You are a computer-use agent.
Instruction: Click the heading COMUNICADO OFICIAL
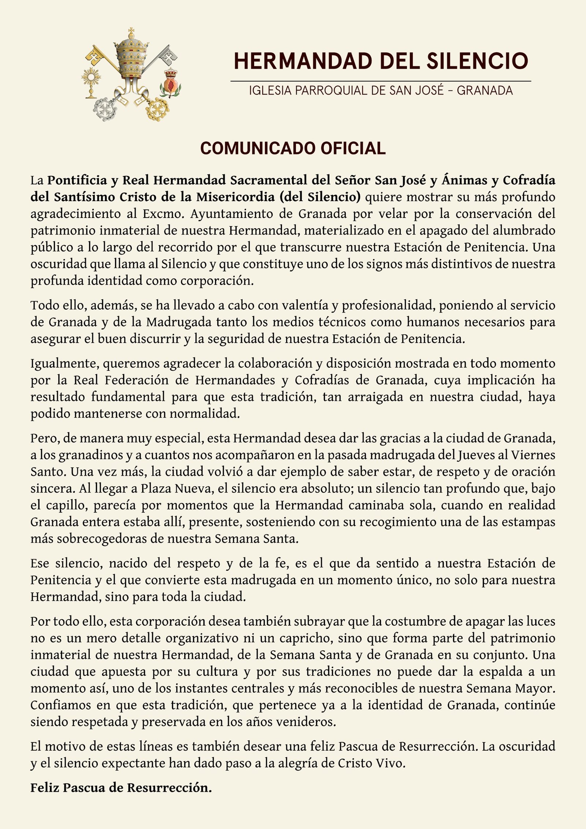tap(293, 148)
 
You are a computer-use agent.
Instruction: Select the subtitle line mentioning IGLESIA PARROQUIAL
tap(381, 90)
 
